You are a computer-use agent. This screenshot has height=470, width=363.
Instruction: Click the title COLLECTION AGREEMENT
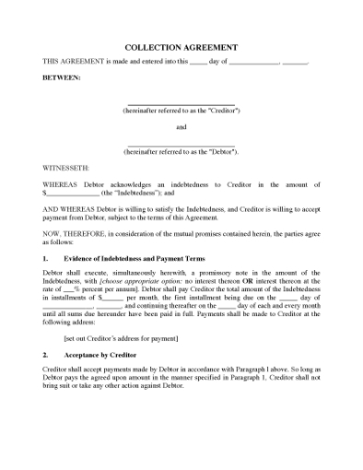pos(181,47)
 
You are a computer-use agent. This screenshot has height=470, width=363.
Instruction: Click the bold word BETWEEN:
pos(61,78)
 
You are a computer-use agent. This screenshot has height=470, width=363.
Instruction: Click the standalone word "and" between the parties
pos(181,127)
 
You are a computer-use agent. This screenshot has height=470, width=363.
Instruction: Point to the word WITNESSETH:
pos(66,168)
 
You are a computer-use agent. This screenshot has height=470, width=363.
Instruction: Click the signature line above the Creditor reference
pos(181,104)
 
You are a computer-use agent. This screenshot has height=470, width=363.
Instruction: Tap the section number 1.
pos(45,259)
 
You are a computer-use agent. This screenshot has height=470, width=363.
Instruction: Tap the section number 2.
pos(45,354)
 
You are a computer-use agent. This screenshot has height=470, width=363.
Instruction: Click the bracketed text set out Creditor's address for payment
pos(121,338)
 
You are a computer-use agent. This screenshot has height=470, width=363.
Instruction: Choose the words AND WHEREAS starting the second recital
pos(70,209)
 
